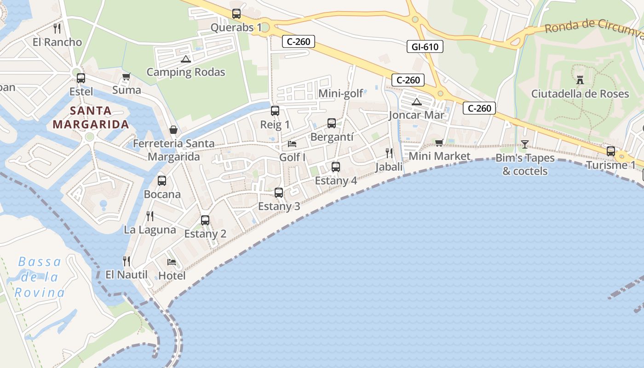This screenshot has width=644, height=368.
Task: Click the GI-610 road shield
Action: pos(425,46)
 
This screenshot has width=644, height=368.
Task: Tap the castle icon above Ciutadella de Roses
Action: pos(580,80)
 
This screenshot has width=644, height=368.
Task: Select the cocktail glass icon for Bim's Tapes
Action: pos(524,144)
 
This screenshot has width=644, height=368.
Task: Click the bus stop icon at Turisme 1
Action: pos(610,151)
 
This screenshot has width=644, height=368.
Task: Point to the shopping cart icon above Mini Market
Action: pos(439,143)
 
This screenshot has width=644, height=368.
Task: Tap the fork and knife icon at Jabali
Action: pos(389,153)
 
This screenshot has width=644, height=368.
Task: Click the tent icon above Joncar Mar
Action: pos(417,102)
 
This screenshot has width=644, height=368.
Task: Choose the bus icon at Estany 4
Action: pos(336,167)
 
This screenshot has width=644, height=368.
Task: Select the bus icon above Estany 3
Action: pos(279,193)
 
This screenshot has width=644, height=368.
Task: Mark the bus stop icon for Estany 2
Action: pos(205,220)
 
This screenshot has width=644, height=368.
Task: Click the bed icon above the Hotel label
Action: pos(172,262)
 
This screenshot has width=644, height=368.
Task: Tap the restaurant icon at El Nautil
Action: pos(126,261)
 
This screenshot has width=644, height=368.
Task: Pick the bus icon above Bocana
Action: pos(162,181)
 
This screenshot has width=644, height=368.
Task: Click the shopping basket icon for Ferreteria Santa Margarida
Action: pos(173,130)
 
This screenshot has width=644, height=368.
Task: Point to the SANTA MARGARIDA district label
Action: pos(90,117)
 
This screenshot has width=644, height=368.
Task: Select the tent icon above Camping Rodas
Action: pos(185,59)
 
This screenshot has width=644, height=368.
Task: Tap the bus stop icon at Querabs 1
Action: pos(236,14)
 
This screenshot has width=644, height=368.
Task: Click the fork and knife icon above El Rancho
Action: pos(57,29)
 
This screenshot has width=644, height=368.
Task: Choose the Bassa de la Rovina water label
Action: pos(40,277)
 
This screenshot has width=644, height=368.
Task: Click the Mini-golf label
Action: pos(341,94)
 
